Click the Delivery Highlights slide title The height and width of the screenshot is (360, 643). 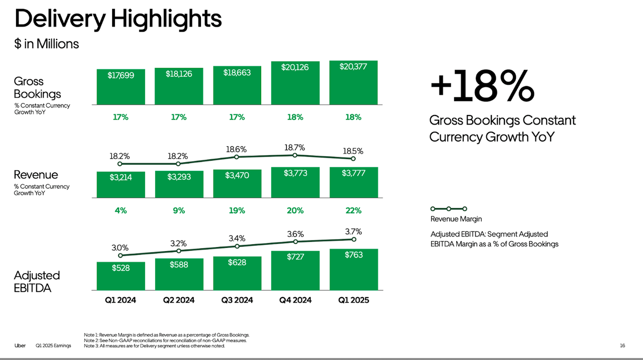tap(118, 19)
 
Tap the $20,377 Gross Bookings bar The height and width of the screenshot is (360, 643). tap(353, 82)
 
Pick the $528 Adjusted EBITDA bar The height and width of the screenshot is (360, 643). tap(121, 276)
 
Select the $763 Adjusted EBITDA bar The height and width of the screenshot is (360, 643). tap(353, 269)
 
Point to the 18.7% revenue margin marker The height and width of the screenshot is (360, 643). tap(295, 155)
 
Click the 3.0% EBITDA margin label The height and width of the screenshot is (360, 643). tap(120, 248)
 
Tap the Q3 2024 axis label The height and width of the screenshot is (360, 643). tap(237, 300)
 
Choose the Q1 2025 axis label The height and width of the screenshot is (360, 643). tap(353, 300)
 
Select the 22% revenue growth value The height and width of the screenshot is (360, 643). tap(353, 211)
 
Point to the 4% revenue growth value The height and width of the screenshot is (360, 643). tap(121, 211)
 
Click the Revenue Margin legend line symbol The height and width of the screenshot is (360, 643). tap(449, 208)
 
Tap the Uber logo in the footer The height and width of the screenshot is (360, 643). tap(20, 345)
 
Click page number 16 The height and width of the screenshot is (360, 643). tap(622, 345)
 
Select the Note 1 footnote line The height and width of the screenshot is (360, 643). tap(166, 335)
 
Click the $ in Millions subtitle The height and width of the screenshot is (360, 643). tap(46, 44)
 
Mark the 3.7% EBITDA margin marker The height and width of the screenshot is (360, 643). tap(354, 239)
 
